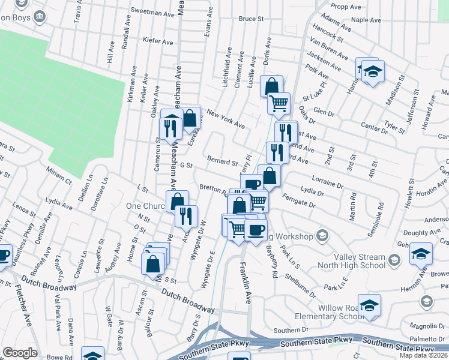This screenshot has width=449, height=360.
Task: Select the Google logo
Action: pyautogui.click(x=20, y=353)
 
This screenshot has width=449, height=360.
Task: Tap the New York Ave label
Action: pyautogui.click(x=225, y=119)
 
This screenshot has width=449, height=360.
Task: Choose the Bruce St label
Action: pyautogui.click(x=251, y=19)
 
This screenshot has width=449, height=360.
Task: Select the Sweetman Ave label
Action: pyautogui.click(x=151, y=11)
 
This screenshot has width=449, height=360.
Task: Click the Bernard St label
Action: pyautogui.click(x=222, y=161)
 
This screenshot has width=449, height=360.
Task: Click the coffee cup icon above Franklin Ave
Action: pyautogui.click(x=256, y=230)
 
